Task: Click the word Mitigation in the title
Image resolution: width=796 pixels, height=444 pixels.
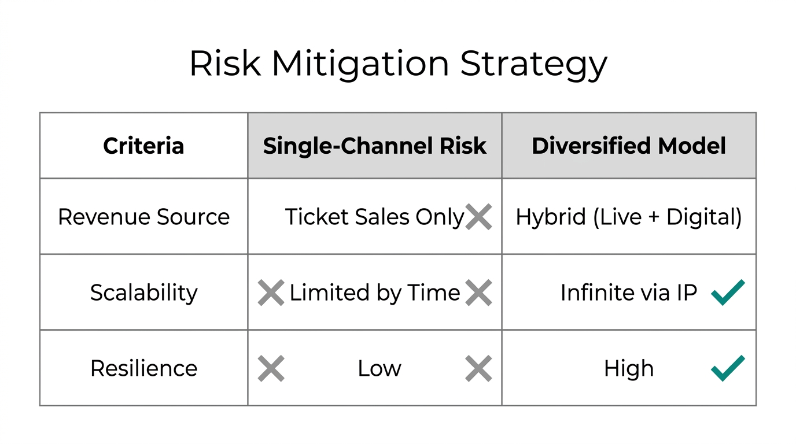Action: click(x=360, y=64)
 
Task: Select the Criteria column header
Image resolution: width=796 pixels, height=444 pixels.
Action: click(x=143, y=146)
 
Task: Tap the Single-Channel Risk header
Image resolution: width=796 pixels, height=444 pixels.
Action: click(x=374, y=146)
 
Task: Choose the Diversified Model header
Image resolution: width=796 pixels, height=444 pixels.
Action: click(x=629, y=146)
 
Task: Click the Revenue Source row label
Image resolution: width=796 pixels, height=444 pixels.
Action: click(x=143, y=217)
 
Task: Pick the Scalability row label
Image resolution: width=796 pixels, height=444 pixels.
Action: click(x=143, y=293)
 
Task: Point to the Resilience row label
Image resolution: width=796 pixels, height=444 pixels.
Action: click(x=143, y=368)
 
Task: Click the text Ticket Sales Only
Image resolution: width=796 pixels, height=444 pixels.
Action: click(x=374, y=217)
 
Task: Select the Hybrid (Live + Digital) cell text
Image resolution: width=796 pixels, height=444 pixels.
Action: click(x=629, y=217)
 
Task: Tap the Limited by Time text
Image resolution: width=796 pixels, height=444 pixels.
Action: click(x=374, y=293)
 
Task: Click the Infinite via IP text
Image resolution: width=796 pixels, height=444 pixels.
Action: click(x=629, y=293)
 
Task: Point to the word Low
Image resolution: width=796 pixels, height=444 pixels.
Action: click(x=379, y=368)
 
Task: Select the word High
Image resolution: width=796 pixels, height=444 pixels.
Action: click(x=629, y=368)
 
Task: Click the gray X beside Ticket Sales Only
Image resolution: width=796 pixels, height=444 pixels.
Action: click(x=478, y=217)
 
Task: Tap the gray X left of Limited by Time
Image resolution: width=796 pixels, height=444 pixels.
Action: click(x=271, y=293)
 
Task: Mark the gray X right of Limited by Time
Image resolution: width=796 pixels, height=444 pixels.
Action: click(x=478, y=293)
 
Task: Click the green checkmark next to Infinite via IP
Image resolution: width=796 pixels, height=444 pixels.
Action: click(x=728, y=293)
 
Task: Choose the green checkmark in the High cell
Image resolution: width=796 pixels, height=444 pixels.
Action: click(x=728, y=368)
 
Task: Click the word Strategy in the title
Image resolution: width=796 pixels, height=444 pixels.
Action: click(x=533, y=65)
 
